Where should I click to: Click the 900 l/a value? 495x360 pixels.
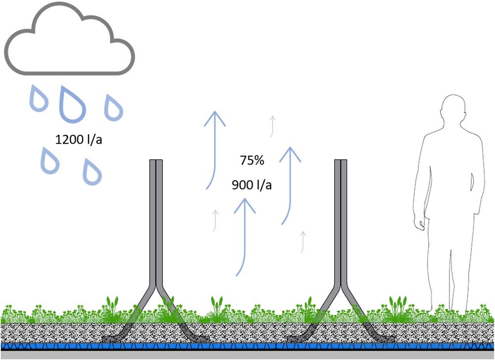coord(251,185)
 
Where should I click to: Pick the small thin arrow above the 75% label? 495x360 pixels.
coord(271,126)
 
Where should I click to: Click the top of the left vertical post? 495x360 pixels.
coord(156,161)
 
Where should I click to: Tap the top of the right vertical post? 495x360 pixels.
coord(341,161)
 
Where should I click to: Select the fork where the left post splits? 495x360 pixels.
coord(156,287)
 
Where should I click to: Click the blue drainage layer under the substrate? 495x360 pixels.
coord(247,346)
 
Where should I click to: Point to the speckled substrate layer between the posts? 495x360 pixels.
coord(247,332)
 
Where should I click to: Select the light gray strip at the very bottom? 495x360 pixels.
coord(247,355)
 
